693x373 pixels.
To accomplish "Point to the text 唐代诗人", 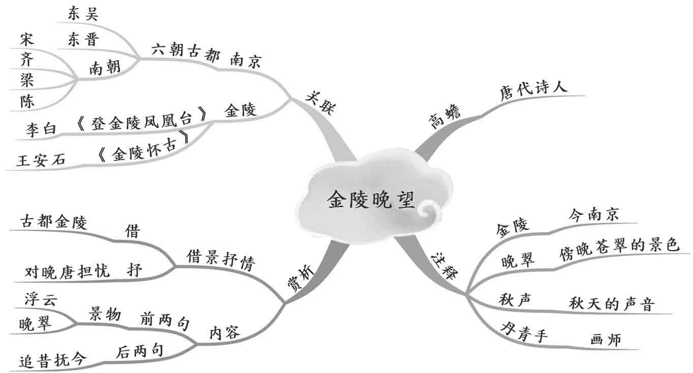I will click(533, 91).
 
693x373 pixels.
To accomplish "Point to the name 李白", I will click(41, 130).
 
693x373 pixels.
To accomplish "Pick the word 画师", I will click(606, 340).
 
